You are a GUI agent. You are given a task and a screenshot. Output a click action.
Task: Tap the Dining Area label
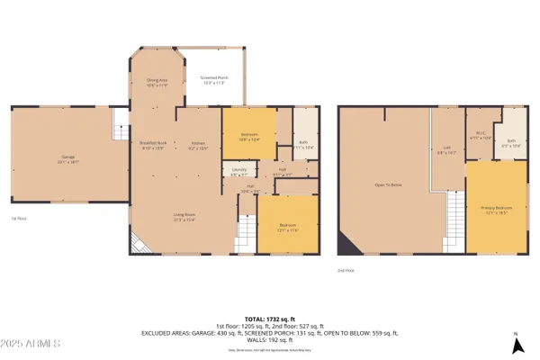157,83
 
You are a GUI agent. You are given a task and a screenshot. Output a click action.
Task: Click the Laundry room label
239,172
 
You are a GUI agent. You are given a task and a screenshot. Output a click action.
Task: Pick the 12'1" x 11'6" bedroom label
287,228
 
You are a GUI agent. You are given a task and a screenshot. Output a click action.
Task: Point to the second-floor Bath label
510,140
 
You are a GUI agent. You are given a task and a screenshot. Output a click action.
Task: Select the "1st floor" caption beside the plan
14,218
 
